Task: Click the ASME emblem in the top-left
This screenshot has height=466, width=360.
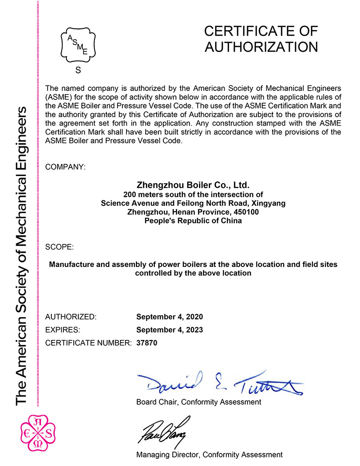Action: tap(78, 45)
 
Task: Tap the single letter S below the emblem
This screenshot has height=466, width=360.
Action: tap(78, 70)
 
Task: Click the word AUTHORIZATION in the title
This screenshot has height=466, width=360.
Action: tap(261, 47)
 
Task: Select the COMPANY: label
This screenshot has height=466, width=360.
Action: tap(65, 167)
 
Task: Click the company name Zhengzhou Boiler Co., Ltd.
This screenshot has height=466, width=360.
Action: tap(193, 185)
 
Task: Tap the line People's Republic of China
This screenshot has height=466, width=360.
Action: tap(193, 221)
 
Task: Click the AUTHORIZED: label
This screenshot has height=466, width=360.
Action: tap(71, 317)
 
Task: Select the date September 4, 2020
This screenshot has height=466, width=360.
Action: tap(169, 317)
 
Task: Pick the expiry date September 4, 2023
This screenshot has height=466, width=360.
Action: tap(169, 330)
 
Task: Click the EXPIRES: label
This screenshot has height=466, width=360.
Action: tap(63, 330)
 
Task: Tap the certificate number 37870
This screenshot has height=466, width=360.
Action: tap(147, 343)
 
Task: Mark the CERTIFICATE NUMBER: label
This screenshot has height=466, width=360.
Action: tap(89, 343)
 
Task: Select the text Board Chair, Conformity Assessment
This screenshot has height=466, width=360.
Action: tap(198, 402)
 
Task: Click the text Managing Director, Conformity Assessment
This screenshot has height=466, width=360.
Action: tap(209, 455)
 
